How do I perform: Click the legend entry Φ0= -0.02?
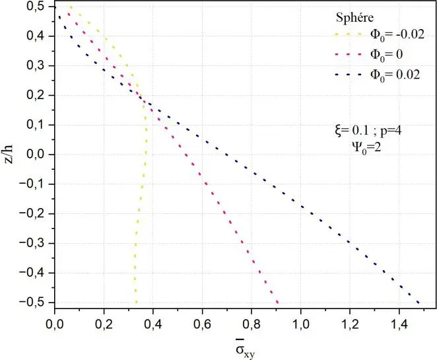[x=383, y=33]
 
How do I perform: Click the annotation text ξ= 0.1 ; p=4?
[x=368, y=131]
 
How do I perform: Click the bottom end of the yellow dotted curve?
[x=137, y=303]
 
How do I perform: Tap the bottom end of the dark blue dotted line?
[x=419, y=303]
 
